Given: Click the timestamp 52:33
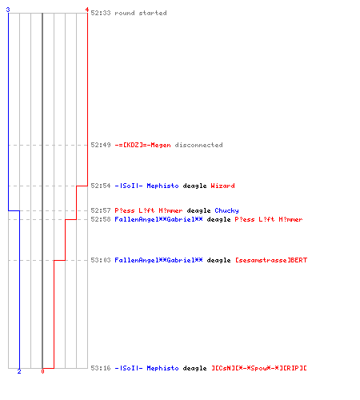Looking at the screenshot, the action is coord(101,13).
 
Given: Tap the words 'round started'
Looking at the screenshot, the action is coord(141,13).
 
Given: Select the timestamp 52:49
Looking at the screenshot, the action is coord(101,145).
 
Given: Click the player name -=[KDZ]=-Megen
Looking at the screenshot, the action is coord(142,145).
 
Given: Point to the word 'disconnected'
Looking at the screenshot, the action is coord(198,145).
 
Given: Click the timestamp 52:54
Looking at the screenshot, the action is coord(101,186).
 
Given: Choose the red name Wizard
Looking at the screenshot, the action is coord(222,186).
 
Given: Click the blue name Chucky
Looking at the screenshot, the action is coord(226,210).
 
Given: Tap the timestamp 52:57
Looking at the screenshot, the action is coord(101,210).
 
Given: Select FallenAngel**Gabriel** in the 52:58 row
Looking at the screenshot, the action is coord(158,219).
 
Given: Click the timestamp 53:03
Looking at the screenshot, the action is coord(101,260).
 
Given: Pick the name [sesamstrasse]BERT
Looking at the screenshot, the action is coord(271,260).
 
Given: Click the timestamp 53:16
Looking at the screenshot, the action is coord(101,368).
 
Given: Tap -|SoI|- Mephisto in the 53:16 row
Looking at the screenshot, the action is coord(146,368).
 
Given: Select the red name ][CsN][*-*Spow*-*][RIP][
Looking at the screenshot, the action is coord(259,368).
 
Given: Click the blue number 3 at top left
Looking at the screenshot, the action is coord(8,10).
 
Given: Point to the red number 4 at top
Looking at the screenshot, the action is coord(87,10).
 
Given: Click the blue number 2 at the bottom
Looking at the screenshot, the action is coord(19,371).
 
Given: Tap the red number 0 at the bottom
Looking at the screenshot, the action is coord(42,371).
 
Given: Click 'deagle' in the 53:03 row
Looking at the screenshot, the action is coord(218,260).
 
